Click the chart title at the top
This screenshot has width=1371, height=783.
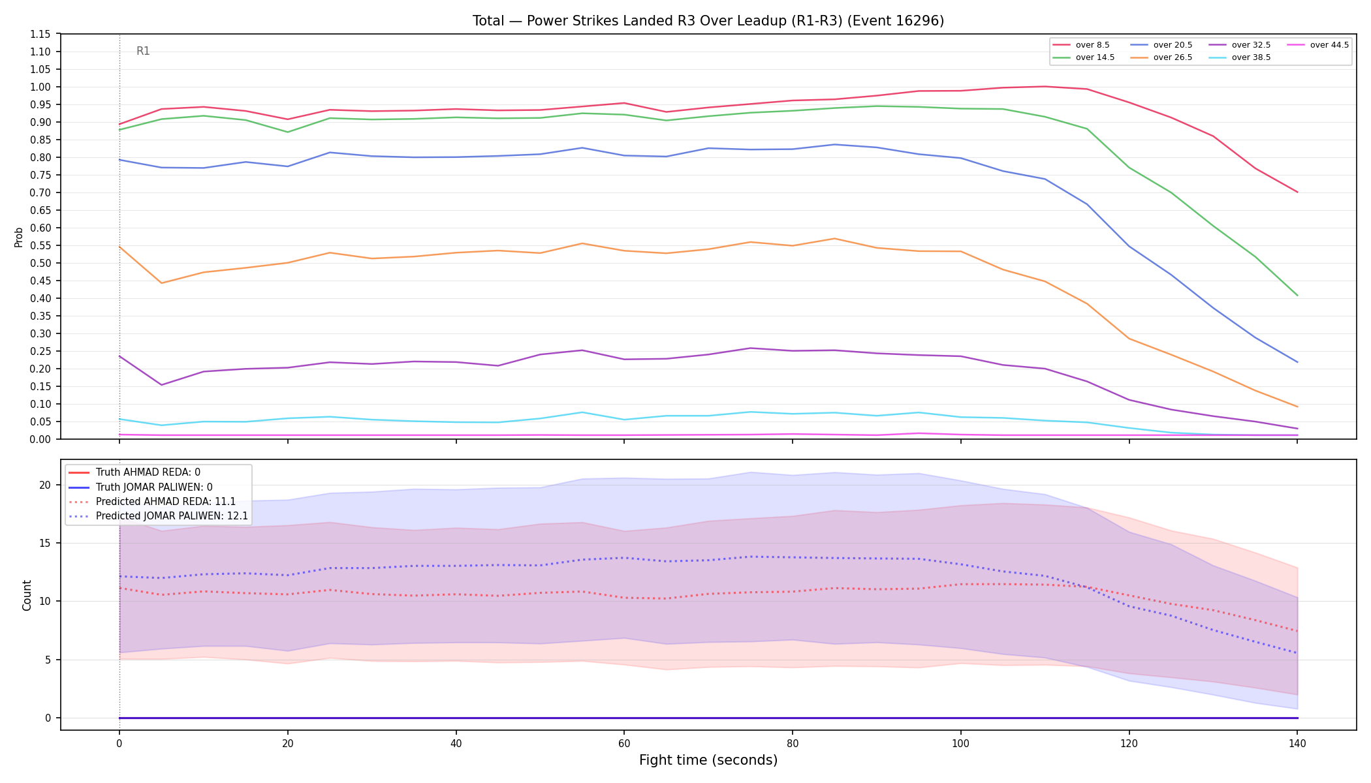click(x=708, y=21)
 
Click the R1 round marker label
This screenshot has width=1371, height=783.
click(x=143, y=51)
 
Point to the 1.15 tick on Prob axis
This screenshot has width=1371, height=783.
click(x=40, y=34)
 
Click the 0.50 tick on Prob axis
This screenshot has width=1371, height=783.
click(x=40, y=263)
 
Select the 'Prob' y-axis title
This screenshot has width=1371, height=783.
click(x=18, y=237)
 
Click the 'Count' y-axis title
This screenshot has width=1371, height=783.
click(x=27, y=595)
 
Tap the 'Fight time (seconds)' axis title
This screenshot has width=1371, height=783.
click(x=708, y=760)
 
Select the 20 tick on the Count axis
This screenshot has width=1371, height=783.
click(x=44, y=485)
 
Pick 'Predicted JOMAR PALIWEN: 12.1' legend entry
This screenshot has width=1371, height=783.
click(x=158, y=516)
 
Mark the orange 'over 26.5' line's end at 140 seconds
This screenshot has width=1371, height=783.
click(x=1297, y=407)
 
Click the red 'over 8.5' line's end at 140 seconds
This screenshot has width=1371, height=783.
click(x=1297, y=192)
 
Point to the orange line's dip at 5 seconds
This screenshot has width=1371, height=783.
click(x=161, y=283)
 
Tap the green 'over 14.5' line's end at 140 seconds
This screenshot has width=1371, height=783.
click(x=1297, y=296)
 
